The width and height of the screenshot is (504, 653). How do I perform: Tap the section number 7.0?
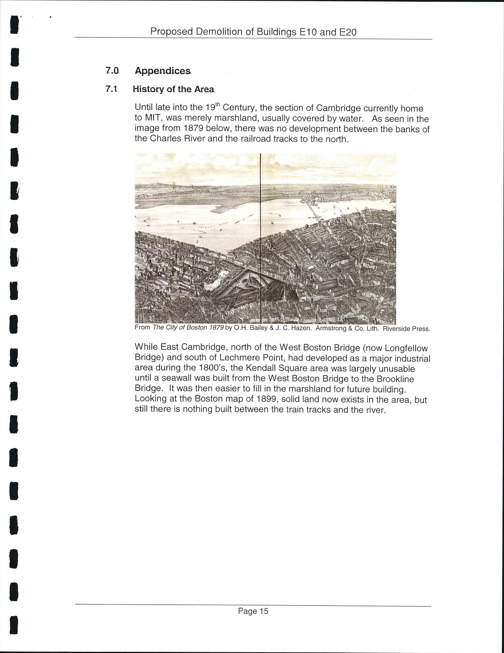(x=112, y=71)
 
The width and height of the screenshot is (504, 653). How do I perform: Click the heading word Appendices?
(x=163, y=71)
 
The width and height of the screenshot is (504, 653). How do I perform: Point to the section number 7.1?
(x=112, y=89)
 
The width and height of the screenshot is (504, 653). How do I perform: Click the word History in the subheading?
(x=148, y=89)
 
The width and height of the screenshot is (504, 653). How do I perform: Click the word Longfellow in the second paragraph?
(x=406, y=348)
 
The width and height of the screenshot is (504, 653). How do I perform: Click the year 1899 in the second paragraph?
(x=279, y=400)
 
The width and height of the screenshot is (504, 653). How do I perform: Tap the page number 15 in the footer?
(x=264, y=611)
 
